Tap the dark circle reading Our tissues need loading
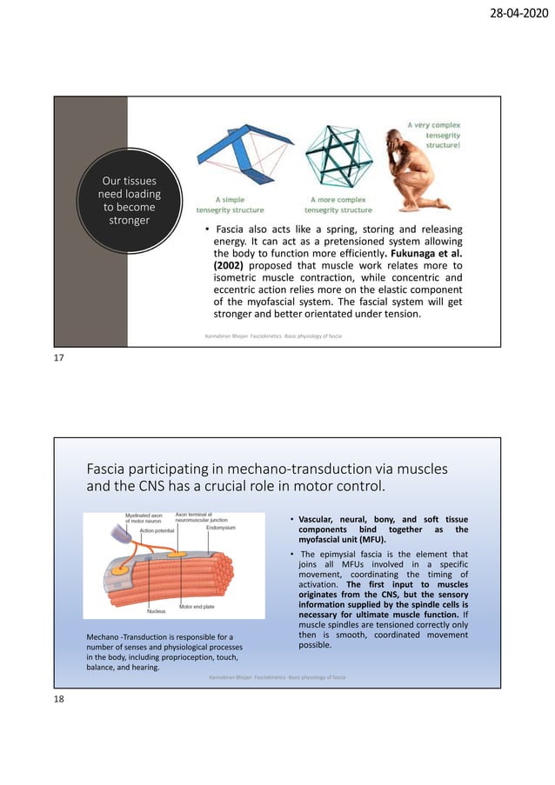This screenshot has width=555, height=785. point(130,201)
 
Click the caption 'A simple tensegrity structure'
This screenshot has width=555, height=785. point(230,205)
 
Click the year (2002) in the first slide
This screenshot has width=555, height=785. point(230,265)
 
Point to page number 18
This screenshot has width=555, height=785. point(60,698)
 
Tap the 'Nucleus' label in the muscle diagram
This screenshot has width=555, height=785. point(156,611)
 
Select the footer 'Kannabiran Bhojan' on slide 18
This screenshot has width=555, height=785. point(228,677)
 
